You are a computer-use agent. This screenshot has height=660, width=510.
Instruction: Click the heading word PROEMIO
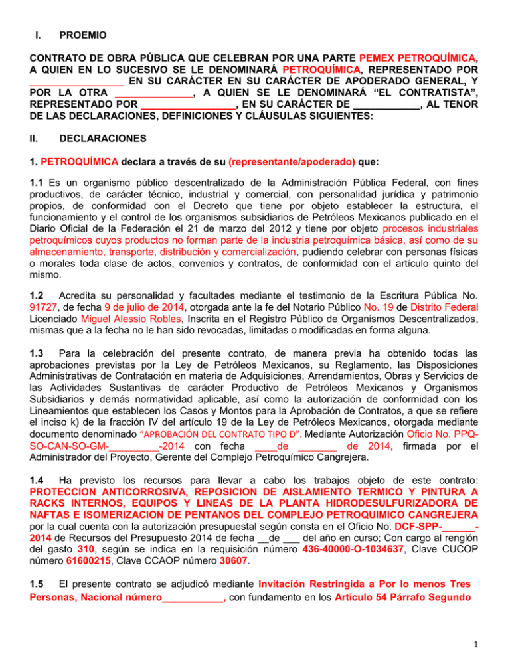(x=84, y=33)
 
